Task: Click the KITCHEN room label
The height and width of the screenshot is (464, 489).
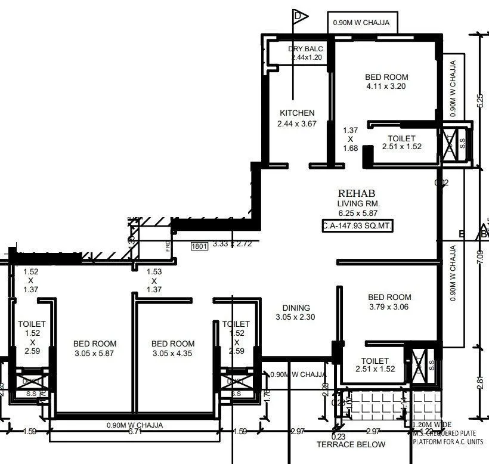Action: (297, 113)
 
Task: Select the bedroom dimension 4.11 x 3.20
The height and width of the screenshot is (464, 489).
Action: (386, 86)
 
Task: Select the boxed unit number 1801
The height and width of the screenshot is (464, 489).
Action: (199, 245)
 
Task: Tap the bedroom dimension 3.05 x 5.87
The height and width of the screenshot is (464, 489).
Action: (95, 354)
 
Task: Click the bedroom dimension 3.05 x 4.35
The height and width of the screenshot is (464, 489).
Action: (173, 354)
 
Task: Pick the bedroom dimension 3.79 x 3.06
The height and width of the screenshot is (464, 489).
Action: (389, 307)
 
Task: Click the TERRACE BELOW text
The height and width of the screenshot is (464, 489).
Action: (351, 444)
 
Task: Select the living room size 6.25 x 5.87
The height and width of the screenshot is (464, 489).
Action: (358, 212)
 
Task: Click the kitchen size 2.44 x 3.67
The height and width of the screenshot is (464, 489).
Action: (296, 124)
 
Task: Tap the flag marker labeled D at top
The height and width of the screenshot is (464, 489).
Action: (300, 16)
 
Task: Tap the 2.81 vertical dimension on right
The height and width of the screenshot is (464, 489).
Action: (481, 382)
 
